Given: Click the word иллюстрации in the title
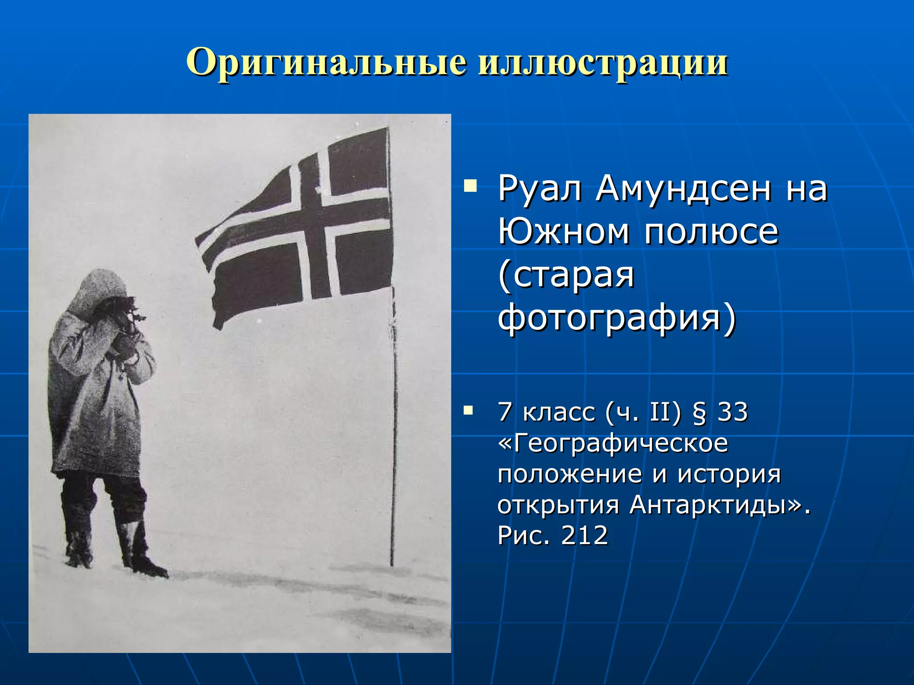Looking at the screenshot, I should point(602,62).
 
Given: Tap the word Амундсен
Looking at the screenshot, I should point(683,189).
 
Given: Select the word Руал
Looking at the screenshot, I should point(540,189).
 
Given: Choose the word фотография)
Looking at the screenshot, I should point(616,318).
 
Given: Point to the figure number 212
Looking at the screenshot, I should point(584,535).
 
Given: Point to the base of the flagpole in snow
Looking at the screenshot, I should point(392,563).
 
